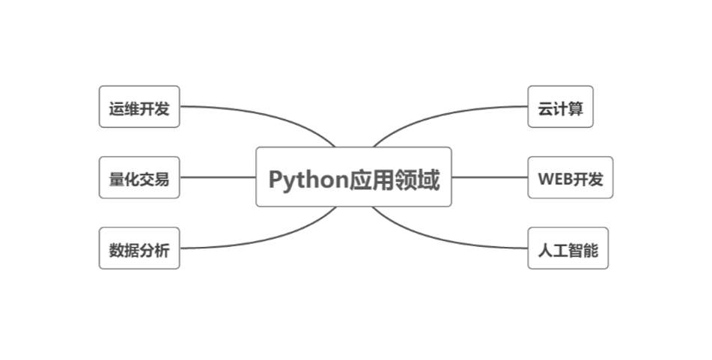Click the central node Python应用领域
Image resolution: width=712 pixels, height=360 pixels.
click(x=353, y=177)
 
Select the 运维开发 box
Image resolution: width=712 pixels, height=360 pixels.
click(x=139, y=107)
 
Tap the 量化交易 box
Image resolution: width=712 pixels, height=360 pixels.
click(x=139, y=178)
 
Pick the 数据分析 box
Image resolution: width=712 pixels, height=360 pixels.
click(x=139, y=248)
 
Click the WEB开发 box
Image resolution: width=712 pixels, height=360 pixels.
click(x=570, y=178)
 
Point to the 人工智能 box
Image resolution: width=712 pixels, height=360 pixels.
click(x=568, y=248)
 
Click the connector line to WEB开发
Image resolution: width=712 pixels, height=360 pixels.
click(x=490, y=177)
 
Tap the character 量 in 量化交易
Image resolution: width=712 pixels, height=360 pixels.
click(x=115, y=179)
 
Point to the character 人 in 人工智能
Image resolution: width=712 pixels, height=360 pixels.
click(x=545, y=249)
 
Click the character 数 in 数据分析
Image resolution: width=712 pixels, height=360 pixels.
click(x=115, y=249)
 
